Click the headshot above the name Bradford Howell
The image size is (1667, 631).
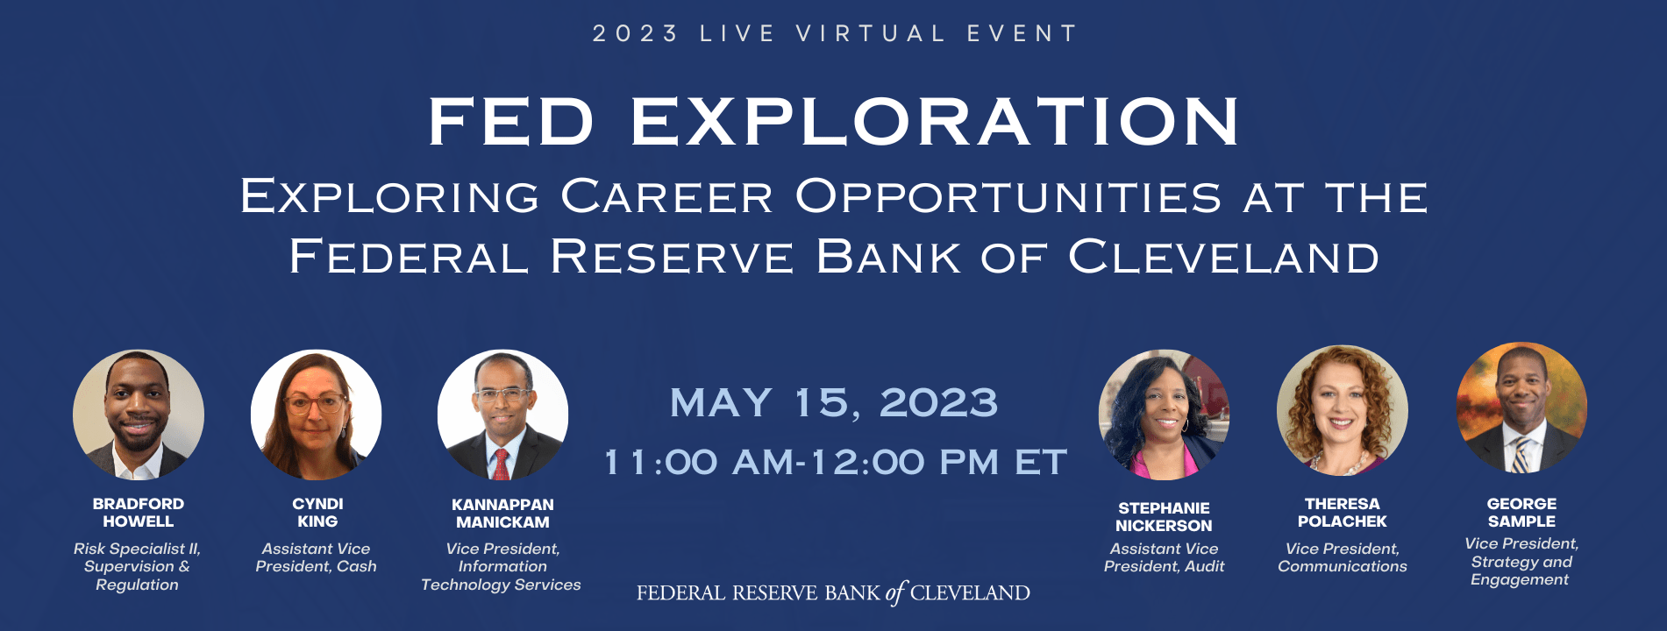pos(139,415)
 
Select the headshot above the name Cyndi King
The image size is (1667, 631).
pos(317,415)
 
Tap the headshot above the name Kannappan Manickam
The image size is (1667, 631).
pos(502,415)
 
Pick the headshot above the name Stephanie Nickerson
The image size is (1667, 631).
pos(1164,415)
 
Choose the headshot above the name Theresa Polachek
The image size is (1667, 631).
pos(1343,411)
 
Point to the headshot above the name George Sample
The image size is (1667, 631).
pos(1521,408)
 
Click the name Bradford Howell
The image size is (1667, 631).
pos(139,513)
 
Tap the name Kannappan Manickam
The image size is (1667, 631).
pos(502,514)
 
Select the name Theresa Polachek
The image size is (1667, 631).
pos(1343,513)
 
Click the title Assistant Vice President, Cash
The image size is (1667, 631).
pos(317,557)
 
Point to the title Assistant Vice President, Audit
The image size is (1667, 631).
pos(1164,557)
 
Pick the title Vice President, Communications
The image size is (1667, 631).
pos(1343,557)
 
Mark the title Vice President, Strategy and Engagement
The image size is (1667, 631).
pos(1521,562)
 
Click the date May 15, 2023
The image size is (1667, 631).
pos(834,403)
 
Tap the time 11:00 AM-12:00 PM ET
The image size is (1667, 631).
pos(836,462)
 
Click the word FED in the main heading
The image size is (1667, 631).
pos(512,121)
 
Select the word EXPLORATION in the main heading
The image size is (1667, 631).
pos(935,121)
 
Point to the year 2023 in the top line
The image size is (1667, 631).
pos(636,34)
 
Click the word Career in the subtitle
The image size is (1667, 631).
pos(667,196)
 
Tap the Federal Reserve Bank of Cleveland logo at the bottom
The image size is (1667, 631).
pos(833,593)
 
